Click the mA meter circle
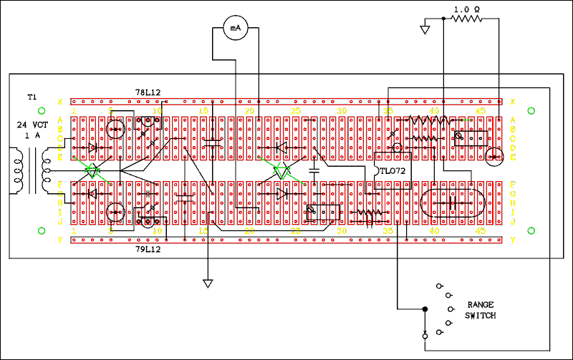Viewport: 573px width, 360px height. tap(235, 28)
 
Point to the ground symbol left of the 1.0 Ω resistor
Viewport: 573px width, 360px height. tap(425, 31)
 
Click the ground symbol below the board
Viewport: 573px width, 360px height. tap(208, 283)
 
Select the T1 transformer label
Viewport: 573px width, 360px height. tap(32, 97)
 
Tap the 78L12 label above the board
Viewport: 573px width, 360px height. tap(148, 93)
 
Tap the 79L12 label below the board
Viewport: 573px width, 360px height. tap(148, 250)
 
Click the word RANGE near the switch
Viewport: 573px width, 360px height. tap(481, 304)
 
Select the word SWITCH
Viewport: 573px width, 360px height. tap(480, 316)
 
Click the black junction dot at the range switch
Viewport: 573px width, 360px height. tap(424, 309)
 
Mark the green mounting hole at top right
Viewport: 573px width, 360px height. tap(531, 110)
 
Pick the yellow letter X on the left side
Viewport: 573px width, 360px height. tap(60, 101)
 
